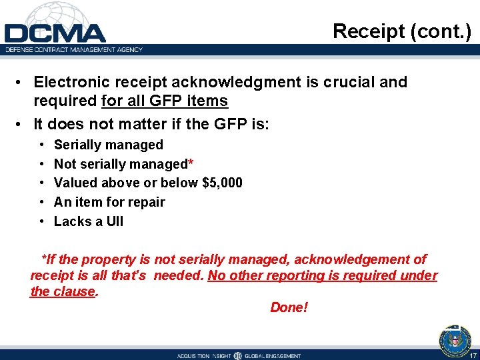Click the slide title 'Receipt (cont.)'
point(402,31)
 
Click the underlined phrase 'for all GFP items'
point(165,101)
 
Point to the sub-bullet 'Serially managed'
point(108,145)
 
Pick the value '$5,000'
point(221,183)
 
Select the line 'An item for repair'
point(109,202)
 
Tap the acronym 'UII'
point(114,221)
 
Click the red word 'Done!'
point(289,307)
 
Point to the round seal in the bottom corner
point(455,341)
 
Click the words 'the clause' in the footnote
point(63,291)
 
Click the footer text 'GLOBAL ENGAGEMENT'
point(273,356)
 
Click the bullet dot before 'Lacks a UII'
point(43,221)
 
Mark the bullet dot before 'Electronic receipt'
point(22,82)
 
